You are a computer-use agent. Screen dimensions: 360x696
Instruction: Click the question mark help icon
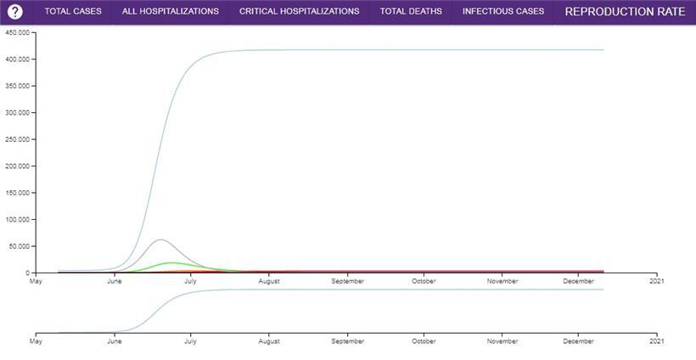(14, 12)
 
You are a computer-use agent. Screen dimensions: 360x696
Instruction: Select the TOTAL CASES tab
(73, 12)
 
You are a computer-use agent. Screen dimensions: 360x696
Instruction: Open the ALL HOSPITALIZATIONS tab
(171, 12)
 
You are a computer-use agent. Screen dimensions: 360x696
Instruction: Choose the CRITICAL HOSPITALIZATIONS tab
(299, 12)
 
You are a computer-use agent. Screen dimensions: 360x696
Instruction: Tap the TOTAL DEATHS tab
(411, 12)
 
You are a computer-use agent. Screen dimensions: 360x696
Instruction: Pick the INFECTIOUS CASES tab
(503, 12)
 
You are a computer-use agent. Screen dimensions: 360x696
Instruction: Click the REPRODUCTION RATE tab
(625, 12)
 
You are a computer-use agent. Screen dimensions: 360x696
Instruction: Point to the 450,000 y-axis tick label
(18, 32)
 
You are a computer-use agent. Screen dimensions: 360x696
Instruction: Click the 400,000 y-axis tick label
(18, 59)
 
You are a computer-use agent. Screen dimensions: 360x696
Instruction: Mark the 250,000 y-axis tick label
(18, 139)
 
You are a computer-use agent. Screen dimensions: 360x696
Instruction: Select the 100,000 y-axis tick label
(18, 219)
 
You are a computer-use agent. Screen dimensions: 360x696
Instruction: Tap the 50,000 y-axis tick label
(20, 246)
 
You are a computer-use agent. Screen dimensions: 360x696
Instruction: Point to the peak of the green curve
(172, 262)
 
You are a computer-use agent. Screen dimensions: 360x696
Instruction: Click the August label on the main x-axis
(269, 281)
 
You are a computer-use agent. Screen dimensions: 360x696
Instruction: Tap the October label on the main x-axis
(424, 281)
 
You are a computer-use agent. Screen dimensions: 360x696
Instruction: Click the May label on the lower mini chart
(36, 341)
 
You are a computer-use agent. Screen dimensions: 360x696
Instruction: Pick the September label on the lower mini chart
(347, 341)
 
